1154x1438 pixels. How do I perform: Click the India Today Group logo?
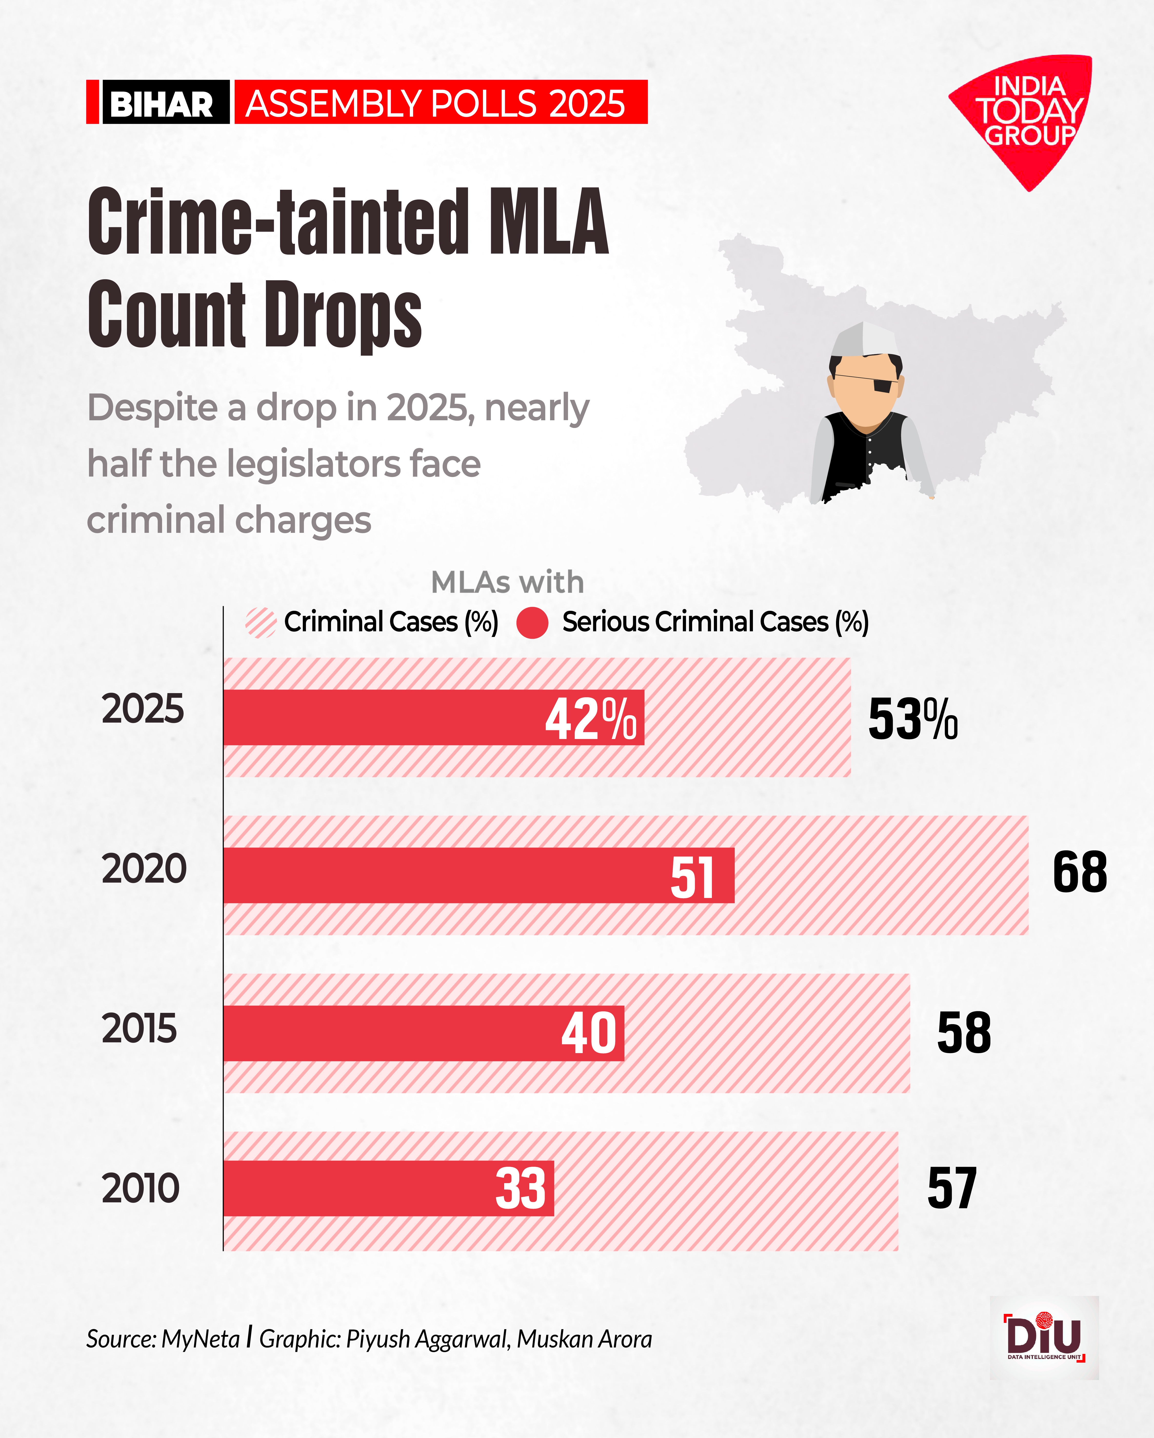point(1024,117)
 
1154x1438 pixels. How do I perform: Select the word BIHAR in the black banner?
point(161,104)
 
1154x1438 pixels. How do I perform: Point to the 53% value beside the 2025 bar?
point(912,719)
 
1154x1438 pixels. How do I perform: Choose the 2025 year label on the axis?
point(143,709)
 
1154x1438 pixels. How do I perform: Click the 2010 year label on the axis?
point(141,1188)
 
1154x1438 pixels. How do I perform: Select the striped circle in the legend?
point(260,623)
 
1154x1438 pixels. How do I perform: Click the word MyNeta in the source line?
point(200,1339)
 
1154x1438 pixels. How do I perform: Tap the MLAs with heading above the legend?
point(507,582)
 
